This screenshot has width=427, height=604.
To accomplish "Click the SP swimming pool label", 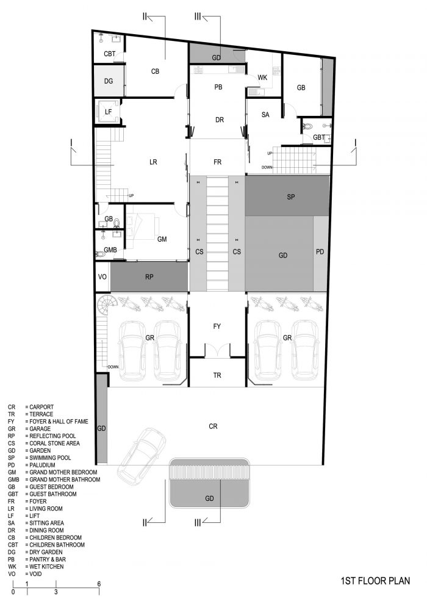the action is click(291, 197).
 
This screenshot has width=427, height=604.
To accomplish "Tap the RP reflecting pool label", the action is click(149, 277).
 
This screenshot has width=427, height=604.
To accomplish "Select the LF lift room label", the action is click(109, 112).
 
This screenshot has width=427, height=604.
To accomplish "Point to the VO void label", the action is click(102, 277).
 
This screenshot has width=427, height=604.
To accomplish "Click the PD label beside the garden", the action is click(320, 252).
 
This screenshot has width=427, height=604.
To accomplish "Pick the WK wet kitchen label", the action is click(262, 77).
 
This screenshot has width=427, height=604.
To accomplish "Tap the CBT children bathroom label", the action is click(110, 54).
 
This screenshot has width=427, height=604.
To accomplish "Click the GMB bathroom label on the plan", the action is click(110, 250).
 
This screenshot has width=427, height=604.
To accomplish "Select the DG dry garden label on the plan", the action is click(109, 81).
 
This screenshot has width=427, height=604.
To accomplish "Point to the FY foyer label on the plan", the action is click(217, 326).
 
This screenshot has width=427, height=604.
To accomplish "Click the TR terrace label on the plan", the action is click(217, 375).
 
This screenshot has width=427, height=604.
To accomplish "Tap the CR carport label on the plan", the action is click(213, 426).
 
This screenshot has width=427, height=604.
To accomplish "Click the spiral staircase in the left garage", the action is click(105, 304).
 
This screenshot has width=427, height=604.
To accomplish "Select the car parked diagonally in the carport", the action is click(142, 456).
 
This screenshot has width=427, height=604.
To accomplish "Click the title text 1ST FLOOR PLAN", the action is click(375, 580).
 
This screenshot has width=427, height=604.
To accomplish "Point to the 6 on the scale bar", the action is click(99, 584).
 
